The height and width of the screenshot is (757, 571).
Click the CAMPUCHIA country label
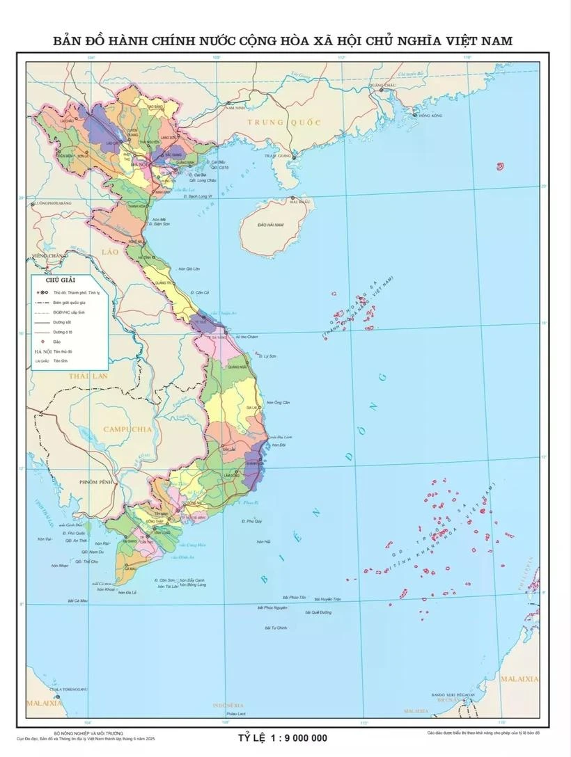point(127,429)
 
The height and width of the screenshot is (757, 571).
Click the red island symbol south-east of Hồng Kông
point(499,166)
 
